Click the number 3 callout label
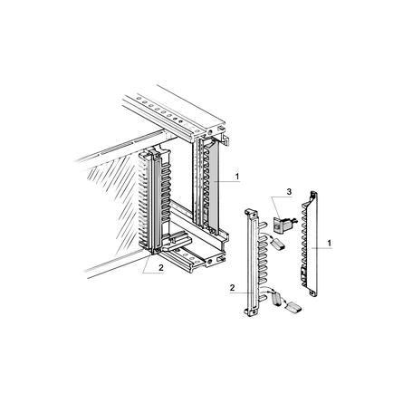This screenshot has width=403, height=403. pyautogui.click(x=289, y=191)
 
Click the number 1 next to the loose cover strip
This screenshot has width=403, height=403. pyautogui.click(x=330, y=243)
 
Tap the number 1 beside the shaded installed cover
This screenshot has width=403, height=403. pyautogui.click(x=237, y=177)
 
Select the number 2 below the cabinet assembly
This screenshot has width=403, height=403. pyautogui.click(x=161, y=267)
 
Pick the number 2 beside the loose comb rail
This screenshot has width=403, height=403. pyautogui.click(x=232, y=288)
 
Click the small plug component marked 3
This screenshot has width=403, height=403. pyautogui.click(x=283, y=224)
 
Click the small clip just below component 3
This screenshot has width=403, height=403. pyautogui.click(x=277, y=244)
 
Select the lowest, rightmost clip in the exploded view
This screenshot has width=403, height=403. pyautogui.click(x=293, y=308)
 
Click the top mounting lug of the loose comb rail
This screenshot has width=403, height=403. pyautogui.click(x=253, y=214)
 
